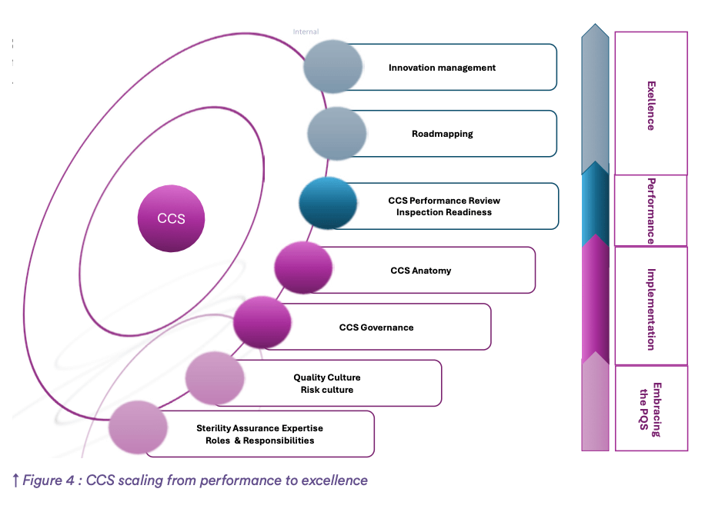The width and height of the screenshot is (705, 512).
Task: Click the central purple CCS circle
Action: point(171,218)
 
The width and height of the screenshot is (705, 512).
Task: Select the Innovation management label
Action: point(442,68)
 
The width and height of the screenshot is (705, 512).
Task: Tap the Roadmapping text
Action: point(442,134)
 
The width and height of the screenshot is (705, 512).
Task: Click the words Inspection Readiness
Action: point(443,212)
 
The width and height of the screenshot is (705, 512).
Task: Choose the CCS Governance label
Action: point(376,327)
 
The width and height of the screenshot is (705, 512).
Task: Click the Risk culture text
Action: point(326,390)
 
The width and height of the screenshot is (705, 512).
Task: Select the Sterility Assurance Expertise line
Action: point(259,428)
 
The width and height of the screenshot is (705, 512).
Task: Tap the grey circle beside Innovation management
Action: point(332,68)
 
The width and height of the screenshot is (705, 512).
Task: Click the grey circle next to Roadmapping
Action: point(336,134)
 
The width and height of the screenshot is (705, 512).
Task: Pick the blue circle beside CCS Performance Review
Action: point(328,204)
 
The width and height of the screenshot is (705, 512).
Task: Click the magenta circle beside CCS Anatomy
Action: point(303,268)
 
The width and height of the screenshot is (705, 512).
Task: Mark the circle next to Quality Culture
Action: point(215,378)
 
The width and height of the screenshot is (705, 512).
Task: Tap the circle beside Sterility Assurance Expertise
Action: point(138,428)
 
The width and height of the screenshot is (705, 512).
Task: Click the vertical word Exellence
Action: point(650,105)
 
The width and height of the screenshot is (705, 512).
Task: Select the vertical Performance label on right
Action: point(650,211)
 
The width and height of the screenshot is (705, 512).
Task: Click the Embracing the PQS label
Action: point(650,409)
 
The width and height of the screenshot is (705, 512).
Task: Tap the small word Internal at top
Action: point(306,32)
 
